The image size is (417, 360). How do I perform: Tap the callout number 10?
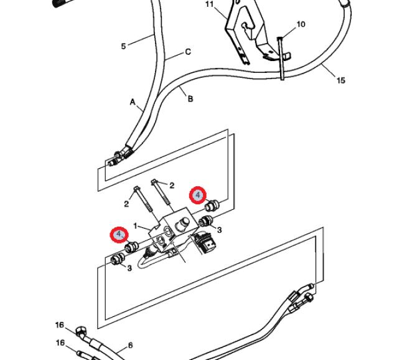coord(301,24)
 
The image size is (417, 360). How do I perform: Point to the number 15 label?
coord(340,80)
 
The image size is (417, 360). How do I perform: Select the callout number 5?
coord(123,45)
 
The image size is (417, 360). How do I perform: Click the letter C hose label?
coord(188,52)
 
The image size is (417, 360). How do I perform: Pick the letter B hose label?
coord(190,98)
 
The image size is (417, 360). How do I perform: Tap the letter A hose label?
coord(133,102)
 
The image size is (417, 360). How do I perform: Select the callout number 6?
coord(130,344)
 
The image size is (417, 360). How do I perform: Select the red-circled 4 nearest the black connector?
coord(198,195)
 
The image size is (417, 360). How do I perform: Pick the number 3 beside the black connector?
coord(219,230)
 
